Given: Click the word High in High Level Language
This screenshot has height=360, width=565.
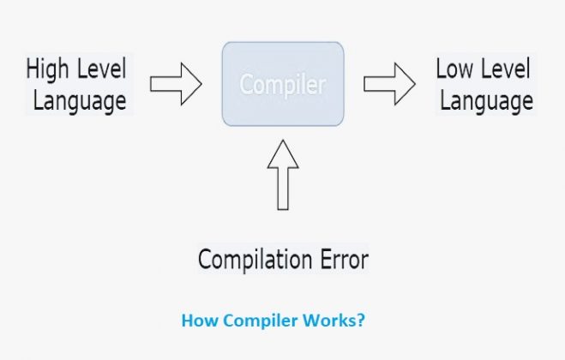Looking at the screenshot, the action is [x=47, y=69].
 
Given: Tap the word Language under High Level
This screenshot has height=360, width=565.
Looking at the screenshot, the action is [x=80, y=101].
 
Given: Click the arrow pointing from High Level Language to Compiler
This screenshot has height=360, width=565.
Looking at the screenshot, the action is [x=176, y=84].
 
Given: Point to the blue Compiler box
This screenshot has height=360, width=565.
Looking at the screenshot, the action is [x=283, y=84].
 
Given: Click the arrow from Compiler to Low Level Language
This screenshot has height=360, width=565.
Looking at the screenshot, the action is [x=389, y=84].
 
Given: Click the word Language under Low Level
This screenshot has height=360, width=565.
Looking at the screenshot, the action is [x=486, y=101].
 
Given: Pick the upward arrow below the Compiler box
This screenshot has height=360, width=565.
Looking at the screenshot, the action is [x=283, y=175].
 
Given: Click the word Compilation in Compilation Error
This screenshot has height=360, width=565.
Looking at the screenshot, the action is [x=255, y=260].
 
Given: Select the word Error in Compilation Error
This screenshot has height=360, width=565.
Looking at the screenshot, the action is [x=344, y=259].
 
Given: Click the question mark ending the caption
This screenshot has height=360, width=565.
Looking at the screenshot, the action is [x=362, y=320].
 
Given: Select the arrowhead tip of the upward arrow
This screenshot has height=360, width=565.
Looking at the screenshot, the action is [x=283, y=141].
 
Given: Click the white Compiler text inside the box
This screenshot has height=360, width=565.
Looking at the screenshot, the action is [x=283, y=85].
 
